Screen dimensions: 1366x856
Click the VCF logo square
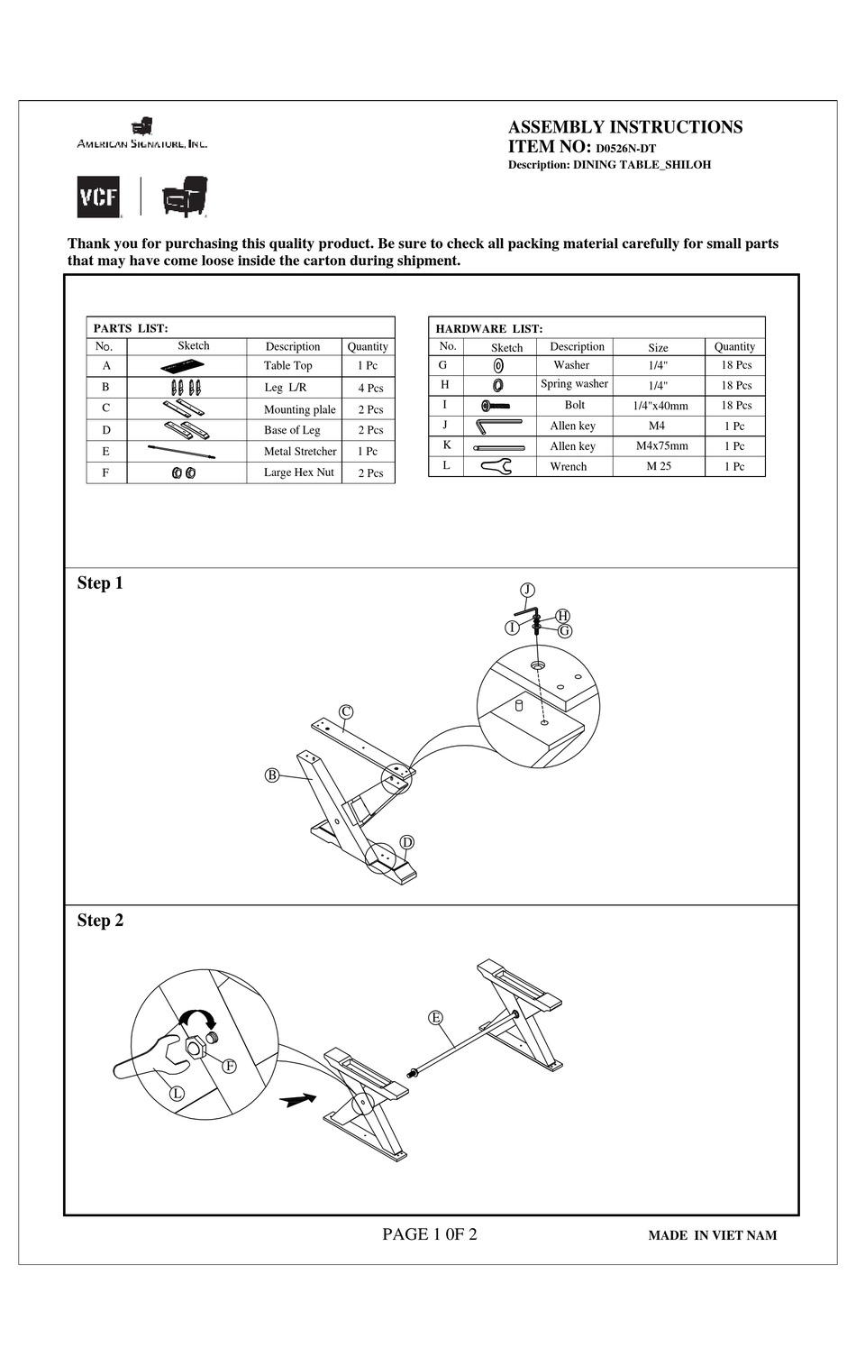[x=98, y=197]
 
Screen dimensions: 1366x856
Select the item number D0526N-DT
[x=625, y=149]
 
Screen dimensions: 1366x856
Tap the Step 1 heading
[x=100, y=583]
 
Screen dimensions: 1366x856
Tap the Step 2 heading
[x=100, y=921]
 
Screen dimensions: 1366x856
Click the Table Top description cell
[x=288, y=366]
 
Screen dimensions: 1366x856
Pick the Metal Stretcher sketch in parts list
[x=182, y=451]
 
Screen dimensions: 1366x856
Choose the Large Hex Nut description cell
[x=298, y=472]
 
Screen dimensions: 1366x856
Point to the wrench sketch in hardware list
[x=496, y=466]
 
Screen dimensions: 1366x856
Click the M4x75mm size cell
[x=661, y=445]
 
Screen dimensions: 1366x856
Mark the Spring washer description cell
[x=574, y=384]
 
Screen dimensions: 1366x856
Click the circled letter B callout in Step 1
[x=271, y=775]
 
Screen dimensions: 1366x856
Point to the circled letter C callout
[x=346, y=711]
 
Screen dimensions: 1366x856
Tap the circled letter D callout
[x=406, y=842]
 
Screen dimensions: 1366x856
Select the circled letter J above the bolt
[x=528, y=590]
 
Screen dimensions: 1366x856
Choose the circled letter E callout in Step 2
[x=436, y=1018]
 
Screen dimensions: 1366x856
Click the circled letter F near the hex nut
[x=230, y=1066]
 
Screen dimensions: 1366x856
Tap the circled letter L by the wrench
[x=178, y=1094]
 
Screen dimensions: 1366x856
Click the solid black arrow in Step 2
[x=298, y=1099]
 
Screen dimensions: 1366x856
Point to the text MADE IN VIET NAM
[x=712, y=1235]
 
